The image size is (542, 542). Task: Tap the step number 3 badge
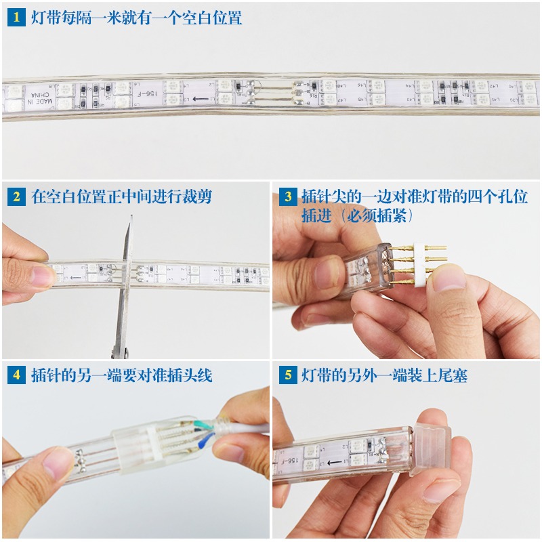click(x=287, y=197)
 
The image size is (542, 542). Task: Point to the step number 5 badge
click(x=287, y=375)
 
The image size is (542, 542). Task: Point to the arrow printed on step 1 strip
click(x=198, y=99)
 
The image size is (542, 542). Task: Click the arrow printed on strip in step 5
click(x=334, y=463)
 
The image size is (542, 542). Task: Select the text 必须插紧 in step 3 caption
click(x=372, y=215)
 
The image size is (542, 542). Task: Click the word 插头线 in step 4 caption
click(x=190, y=375)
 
